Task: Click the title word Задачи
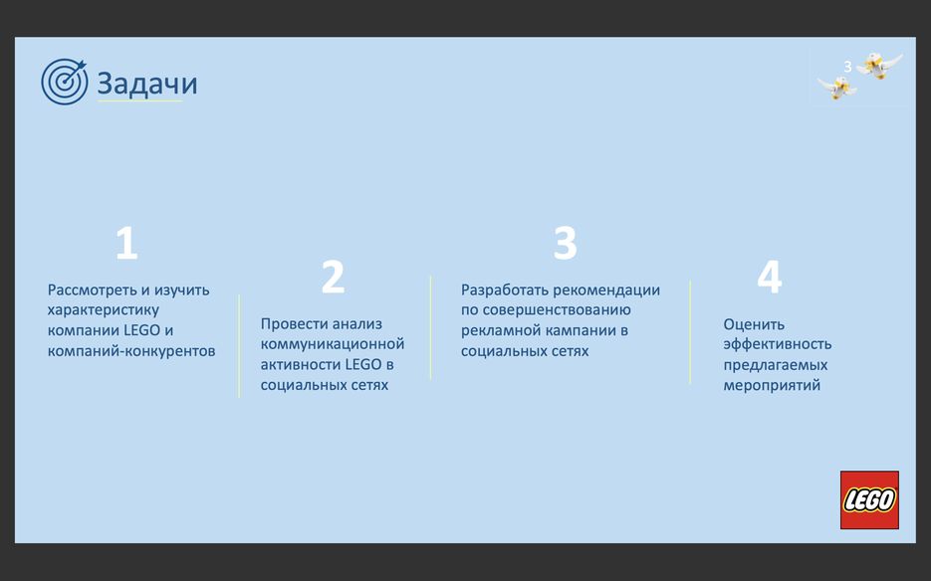pos(147,84)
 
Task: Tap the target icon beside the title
pos(64,82)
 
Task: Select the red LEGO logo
pos(869,499)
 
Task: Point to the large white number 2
pos(334,277)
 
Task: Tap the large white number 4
pos(770,277)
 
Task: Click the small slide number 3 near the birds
pos(848,67)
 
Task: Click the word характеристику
pos(104,310)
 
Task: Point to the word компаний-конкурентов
pos(131,351)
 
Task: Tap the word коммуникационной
pos(333,344)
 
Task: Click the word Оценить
pos(754,324)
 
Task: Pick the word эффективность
pos(778,344)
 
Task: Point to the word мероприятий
pos(772,385)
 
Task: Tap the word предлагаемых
pos(776,365)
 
